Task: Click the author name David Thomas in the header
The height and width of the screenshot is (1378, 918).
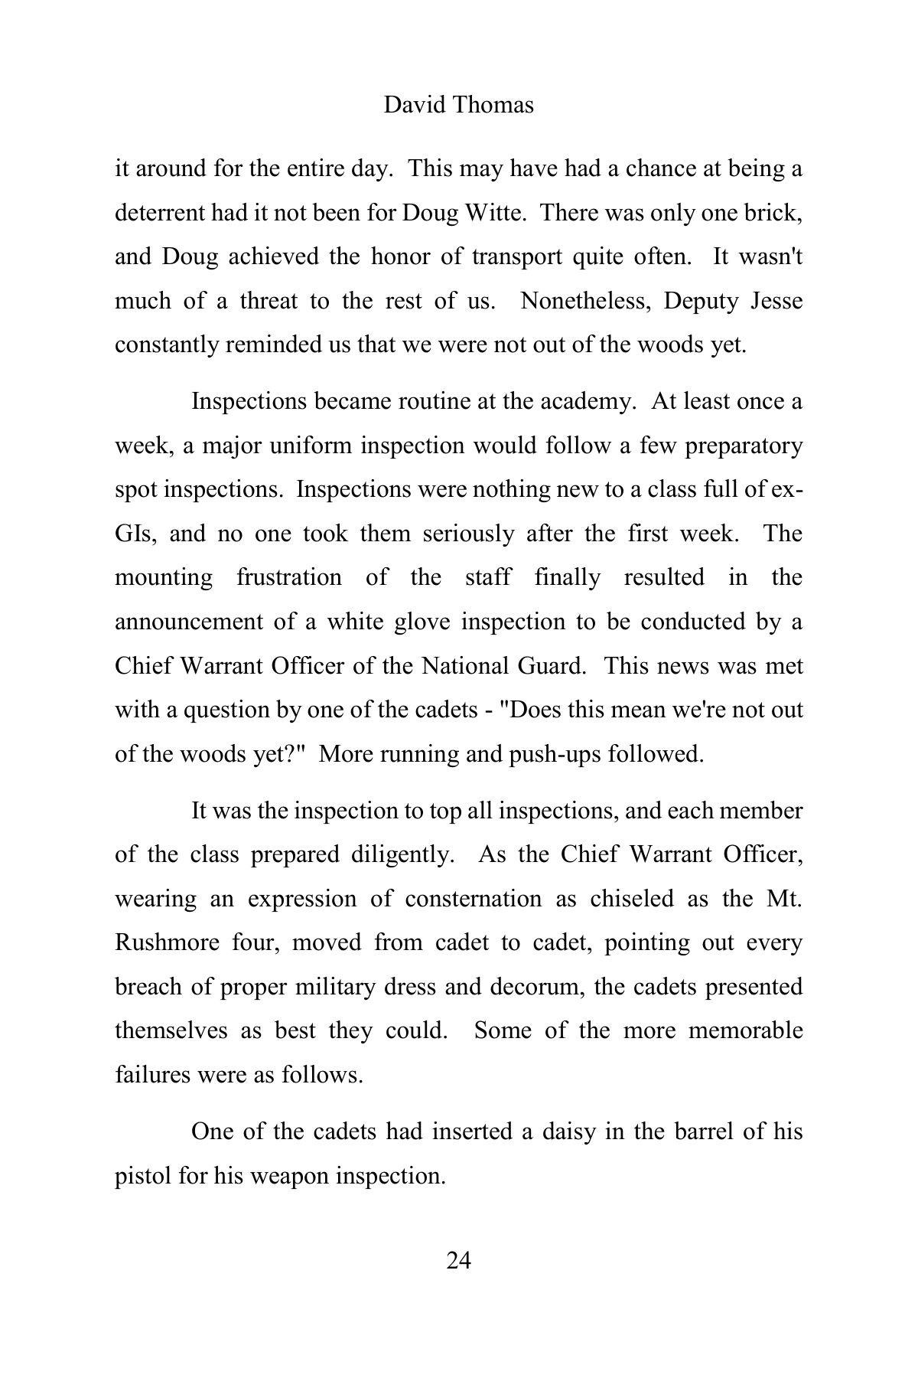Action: tap(458, 105)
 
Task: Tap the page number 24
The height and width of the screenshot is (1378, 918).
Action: tap(458, 1260)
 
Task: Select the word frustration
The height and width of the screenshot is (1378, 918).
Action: tap(289, 577)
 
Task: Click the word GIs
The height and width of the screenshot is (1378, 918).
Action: tap(135, 534)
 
